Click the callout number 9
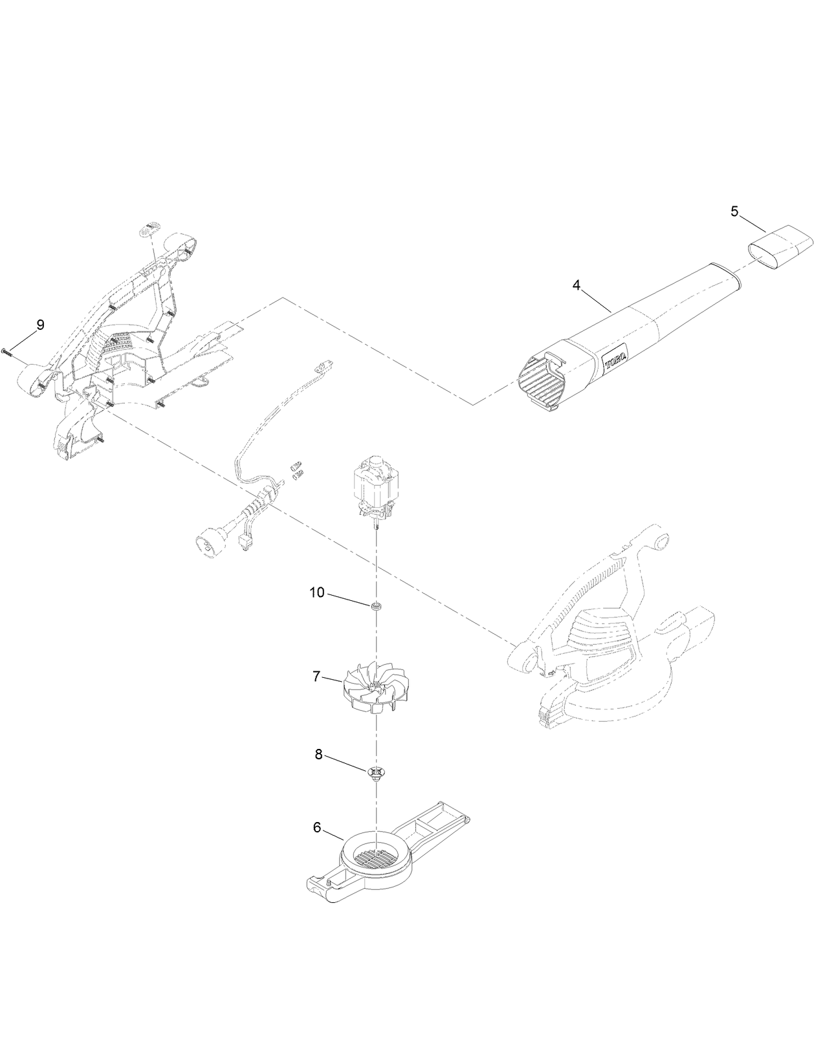[40, 325]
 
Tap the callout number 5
[734, 211]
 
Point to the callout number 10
[317, 592]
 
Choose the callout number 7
[316, 677]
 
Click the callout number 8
[318, 754]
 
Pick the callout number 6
[317, 827]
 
